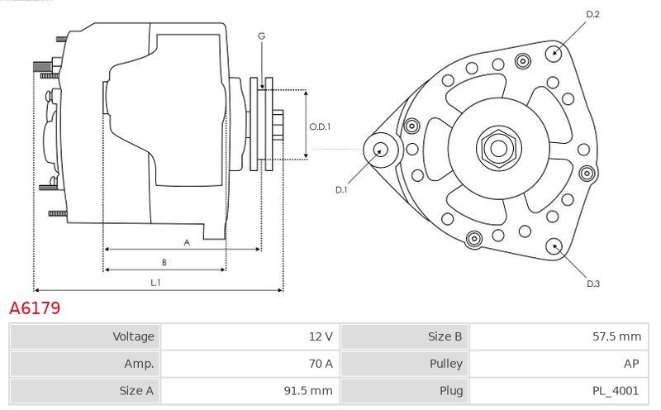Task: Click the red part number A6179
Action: click(x=35, y=308)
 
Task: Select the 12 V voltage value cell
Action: click(x=250, y=336)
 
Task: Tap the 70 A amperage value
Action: click(x=250, y=364)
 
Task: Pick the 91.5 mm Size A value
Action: click(x=250, y=391)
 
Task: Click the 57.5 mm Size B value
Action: click(x=559, y=336)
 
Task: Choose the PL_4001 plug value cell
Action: click(x=559, y=391)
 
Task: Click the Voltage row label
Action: click(x=133, y=336)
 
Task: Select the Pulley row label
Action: click(x=446, y=364)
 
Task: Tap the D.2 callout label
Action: click(x=592, y=14)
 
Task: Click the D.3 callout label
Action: click(x=593, y=284)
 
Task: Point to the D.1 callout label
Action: click(x=341, y=190)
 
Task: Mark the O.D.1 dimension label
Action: click(x=320, y=127)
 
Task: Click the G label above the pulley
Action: click(x=261, y=36)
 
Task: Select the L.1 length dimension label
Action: click(x=155, y=283)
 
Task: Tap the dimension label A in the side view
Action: click(x=187, y=242)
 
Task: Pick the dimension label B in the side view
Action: click(x=164, y=262)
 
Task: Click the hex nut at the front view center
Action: click(x=499, y=148)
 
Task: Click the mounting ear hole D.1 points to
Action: click(x=381, y=150)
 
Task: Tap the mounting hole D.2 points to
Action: click(x=554, y=53)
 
